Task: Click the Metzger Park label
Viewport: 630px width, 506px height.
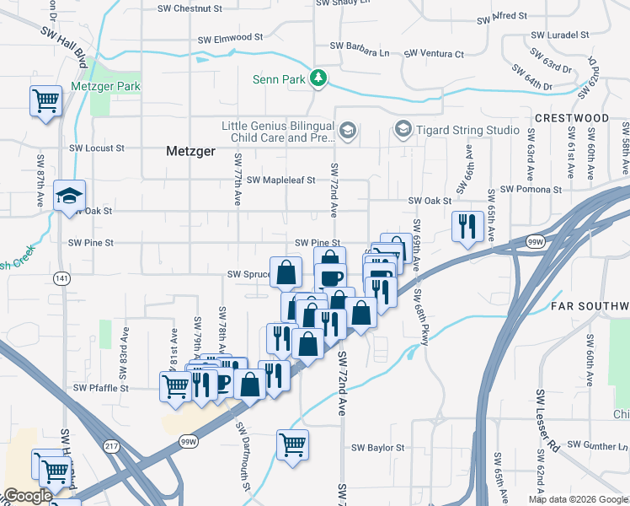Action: click(104, 87)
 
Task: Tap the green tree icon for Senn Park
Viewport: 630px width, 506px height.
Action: click(318, 79)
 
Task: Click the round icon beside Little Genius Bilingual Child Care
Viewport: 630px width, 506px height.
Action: click(349, 131)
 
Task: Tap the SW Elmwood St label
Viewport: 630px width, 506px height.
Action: click(230, 39)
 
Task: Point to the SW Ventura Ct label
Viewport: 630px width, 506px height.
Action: click(434, 54)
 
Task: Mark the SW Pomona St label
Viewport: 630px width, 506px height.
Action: click(529, 191)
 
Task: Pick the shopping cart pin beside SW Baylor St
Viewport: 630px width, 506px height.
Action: click(292, 444)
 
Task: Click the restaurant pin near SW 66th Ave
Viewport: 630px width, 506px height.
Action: click(467, 226)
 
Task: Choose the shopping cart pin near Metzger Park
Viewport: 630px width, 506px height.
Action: click(45, 101)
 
